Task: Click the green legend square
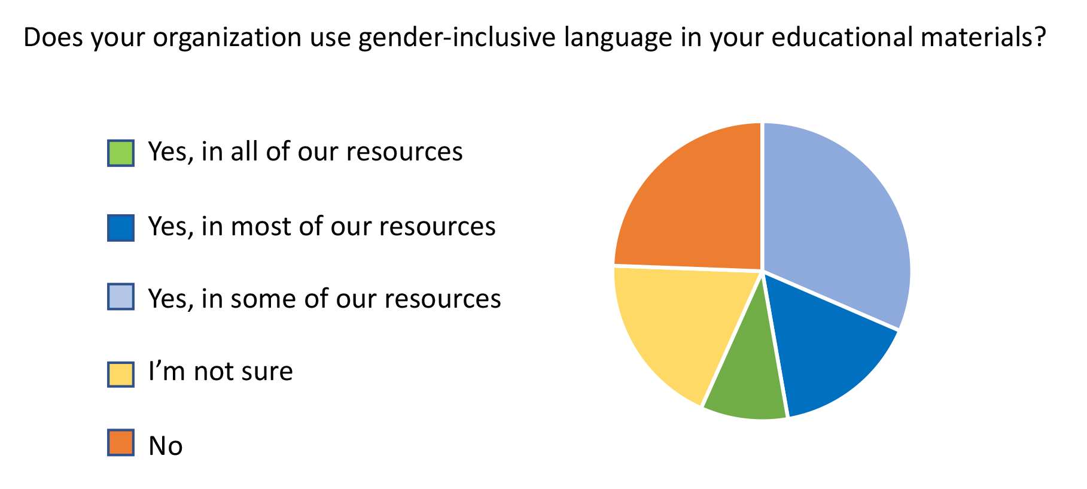coord(121,153)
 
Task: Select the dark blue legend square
coord(121,227)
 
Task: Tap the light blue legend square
coord(121,297)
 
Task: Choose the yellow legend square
coord(121,374)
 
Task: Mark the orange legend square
coord(121,443)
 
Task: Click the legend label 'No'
coord(166,446)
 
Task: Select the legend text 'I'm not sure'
coord(221,372)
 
